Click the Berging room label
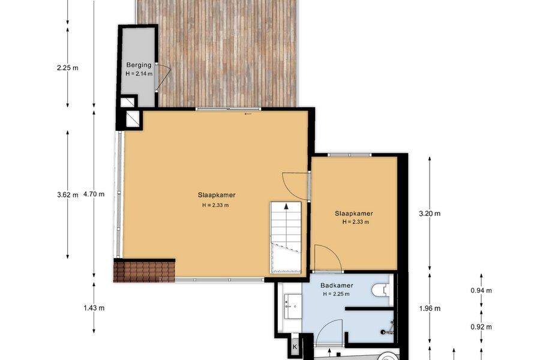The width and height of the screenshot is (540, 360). point(139,65)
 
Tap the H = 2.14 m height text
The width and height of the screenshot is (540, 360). point(139,73)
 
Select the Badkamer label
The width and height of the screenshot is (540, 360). point(337,285)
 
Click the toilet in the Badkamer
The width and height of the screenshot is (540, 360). point(380,290)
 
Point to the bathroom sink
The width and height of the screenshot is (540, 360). point(293,306)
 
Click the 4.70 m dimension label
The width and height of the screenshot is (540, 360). point(94,194)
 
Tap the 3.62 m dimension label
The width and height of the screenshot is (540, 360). point(67,194)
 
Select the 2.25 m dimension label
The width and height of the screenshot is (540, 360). point(67,68)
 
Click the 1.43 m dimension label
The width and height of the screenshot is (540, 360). point(94,308)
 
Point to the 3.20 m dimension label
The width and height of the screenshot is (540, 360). point(430,213)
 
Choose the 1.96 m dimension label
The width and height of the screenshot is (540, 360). point(430,308)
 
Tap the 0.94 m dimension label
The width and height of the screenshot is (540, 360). point(481,290)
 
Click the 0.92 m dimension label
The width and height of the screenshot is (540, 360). point(481,326)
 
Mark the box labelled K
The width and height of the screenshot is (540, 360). point(295,347)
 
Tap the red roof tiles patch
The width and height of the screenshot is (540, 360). point(145,272)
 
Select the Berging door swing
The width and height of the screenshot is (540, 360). point(164,77)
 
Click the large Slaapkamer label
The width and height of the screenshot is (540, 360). point(217,195)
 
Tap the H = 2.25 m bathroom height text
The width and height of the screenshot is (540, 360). point(336,294)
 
